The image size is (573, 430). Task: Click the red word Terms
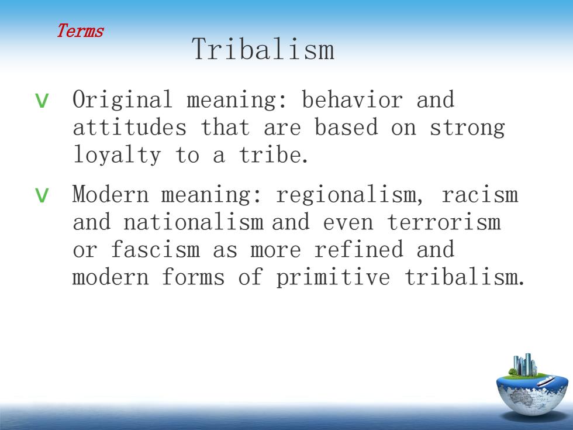80,30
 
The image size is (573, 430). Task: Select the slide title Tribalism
263,49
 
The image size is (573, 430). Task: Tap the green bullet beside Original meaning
42,101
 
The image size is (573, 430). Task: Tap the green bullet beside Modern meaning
42,195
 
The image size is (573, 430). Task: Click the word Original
122,99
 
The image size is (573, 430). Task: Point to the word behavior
352,99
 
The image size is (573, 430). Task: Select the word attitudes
130,127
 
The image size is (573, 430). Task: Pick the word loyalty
117,154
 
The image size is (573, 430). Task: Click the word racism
480,194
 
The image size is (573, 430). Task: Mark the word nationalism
194,222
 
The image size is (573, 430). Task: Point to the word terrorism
444,222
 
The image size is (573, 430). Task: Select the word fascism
156,249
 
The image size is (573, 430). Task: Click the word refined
359,249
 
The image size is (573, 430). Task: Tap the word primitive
333,277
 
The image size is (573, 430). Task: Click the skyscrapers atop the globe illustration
524,364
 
